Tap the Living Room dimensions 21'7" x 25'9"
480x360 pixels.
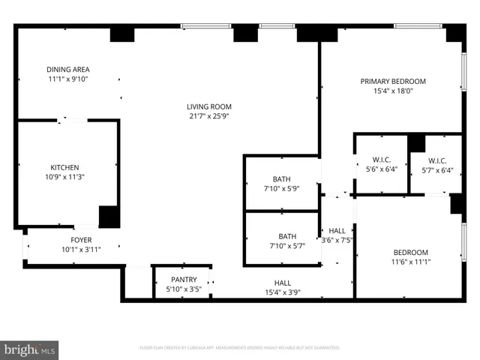point(209,116)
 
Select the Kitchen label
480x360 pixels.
point(64,167)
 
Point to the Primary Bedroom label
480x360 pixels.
point(392,81)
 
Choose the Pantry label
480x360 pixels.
point(184,279)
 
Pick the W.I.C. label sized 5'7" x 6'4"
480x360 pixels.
point(437,160)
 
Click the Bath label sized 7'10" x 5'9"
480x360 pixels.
point(281,179)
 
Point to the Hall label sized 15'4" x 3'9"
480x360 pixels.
point(282,283)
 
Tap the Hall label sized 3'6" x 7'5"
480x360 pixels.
point(337,231)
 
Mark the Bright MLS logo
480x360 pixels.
point(29,349)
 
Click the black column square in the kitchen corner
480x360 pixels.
point(109,216)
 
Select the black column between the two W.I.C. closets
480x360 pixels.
point(416,142)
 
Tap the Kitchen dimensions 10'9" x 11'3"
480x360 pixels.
point(64,177)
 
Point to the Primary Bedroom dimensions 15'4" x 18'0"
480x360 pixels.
point(392,91)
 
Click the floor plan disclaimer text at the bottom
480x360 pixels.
point(239,348)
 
